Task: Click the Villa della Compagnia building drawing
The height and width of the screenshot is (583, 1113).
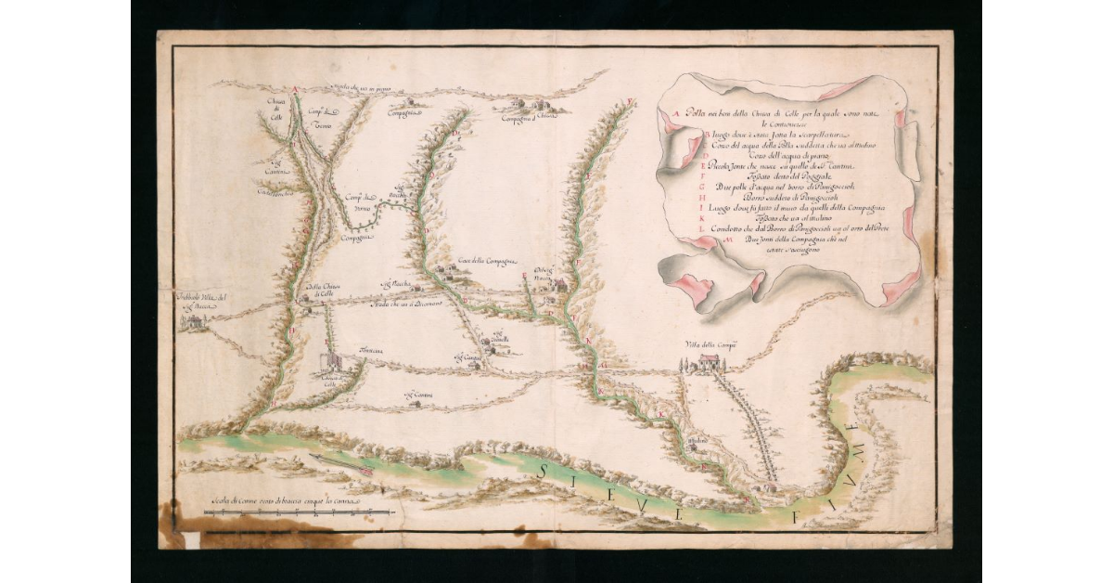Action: (710, 362)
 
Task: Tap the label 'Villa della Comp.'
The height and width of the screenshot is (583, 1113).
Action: (710, 345)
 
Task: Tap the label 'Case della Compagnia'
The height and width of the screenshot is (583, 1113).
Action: (486, 262)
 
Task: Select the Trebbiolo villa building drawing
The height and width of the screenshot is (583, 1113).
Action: (195, 321)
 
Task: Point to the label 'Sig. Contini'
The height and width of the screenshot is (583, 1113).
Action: (417, 397)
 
